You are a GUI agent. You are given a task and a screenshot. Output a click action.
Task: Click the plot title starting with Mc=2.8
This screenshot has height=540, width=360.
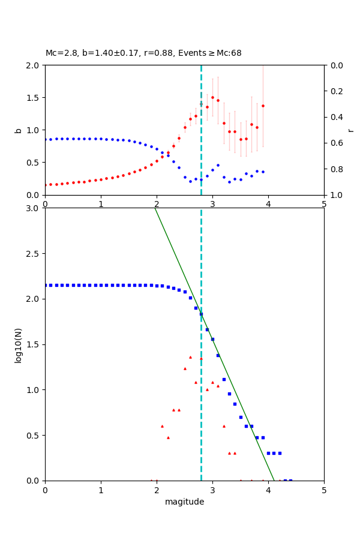point(143,53)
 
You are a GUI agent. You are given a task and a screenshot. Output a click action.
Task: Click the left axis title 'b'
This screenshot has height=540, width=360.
point(19,130)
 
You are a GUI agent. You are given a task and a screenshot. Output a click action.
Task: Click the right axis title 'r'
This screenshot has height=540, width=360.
point(350,130)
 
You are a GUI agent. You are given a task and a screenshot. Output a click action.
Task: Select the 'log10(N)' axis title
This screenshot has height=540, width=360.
point(19,344)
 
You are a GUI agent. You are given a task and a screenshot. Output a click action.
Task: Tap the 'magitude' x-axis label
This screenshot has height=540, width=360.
point(184,502)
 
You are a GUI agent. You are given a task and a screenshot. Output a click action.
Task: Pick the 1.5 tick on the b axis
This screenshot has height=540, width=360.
point(34,98)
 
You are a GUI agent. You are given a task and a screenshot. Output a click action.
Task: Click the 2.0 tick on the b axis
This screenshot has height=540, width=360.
point(34,65)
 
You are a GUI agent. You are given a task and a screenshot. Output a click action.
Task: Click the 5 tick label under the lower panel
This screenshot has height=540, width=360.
point(324,490)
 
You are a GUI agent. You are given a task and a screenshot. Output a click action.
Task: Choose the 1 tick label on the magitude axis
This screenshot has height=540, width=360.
point(101,490)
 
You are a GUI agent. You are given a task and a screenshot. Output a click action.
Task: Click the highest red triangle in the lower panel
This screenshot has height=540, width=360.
point(190,357)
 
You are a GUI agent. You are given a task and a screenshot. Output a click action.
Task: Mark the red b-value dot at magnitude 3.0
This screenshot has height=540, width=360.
point(212,97)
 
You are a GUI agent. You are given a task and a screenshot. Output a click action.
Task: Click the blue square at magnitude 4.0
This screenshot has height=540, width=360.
point(268,453)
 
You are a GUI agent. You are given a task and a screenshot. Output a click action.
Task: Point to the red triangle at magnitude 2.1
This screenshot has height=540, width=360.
point(162,426)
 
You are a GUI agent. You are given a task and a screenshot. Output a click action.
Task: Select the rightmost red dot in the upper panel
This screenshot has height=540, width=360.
point(263,106)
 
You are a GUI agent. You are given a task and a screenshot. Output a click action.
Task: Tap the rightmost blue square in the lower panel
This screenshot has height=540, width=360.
point(290,480)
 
